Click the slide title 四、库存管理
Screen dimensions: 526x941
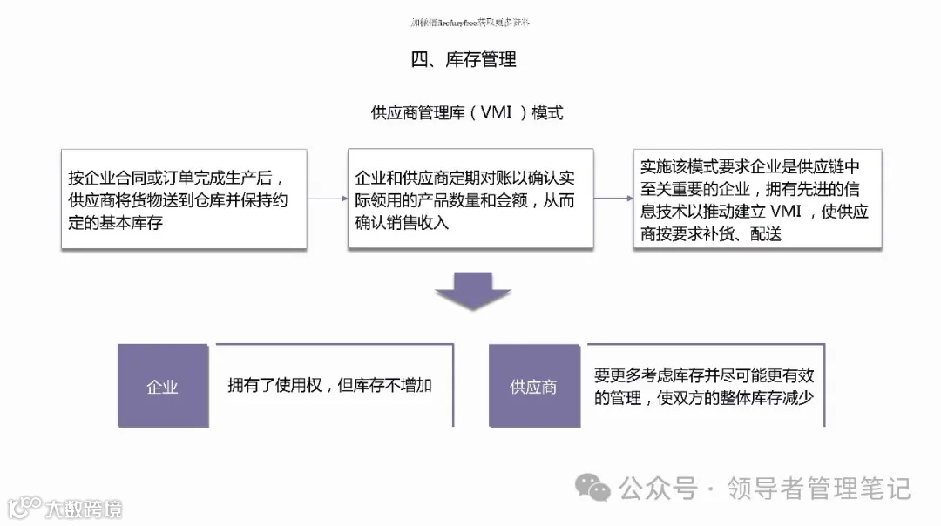(463, 60)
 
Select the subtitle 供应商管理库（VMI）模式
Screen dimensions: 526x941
(467, 113)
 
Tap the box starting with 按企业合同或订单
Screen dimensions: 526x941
(183, 199)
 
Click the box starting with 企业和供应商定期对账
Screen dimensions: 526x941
(470, 199)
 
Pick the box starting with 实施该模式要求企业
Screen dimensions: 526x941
(757, 199)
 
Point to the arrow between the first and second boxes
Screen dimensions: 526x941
(327, 199)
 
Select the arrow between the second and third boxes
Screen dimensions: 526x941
(613, 199)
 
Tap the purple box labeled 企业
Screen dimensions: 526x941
(162, 387)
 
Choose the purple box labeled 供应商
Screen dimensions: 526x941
(533, 387)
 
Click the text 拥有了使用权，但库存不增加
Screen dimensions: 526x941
(329, 386)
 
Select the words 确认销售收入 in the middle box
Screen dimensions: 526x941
(402, 222)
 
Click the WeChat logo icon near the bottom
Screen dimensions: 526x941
(596, 489)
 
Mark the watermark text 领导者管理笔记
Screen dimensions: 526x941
(818, 489)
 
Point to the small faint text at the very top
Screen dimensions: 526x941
(470, 22)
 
